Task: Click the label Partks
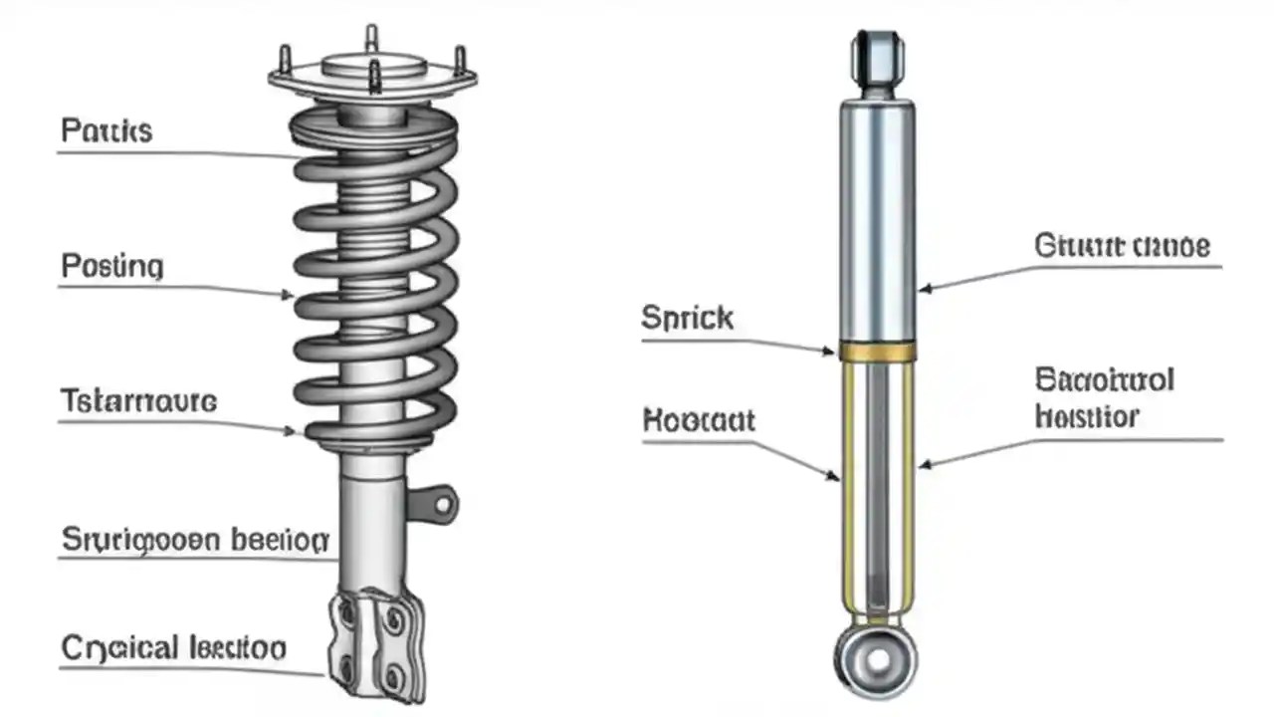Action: pos(106,130)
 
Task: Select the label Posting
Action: pos(111,267)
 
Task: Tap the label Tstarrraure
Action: pos(137,401)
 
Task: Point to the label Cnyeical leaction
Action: pos(173,648)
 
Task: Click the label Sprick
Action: pos(688,319)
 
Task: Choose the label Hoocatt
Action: pos(699,419)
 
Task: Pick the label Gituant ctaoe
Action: pos(1122,245)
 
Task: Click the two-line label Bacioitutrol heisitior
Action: pos(1105,397)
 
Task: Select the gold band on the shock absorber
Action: pos(877,351)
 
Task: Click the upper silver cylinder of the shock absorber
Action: pos(877,219)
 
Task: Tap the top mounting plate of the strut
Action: pos(372,75)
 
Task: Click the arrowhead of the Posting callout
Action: pos(290,295)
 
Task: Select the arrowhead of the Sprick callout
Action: pos(834,351)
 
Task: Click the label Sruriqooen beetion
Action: pos(195,541)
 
